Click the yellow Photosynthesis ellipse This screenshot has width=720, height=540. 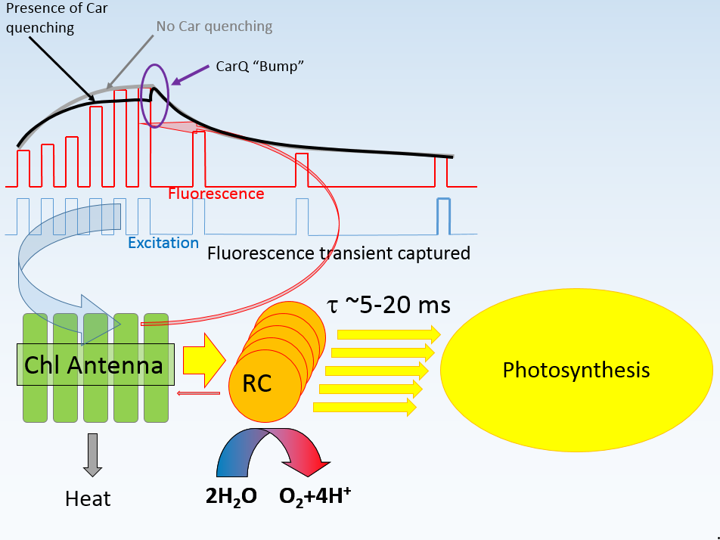click(576, 371)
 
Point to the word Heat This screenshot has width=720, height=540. click(88, 499)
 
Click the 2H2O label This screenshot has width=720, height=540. click(231, 497)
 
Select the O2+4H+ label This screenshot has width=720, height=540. click(315, 496)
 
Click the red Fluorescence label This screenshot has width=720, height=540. click(216, 194)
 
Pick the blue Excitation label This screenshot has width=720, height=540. click(163, 244)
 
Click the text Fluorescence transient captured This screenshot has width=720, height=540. click(338, 253)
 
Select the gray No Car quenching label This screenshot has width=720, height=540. click(214, 26)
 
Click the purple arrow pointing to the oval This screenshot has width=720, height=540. click(189, 74)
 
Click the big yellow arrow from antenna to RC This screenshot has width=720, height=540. click(205, 355)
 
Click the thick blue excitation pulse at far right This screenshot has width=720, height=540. click(443, 216)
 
